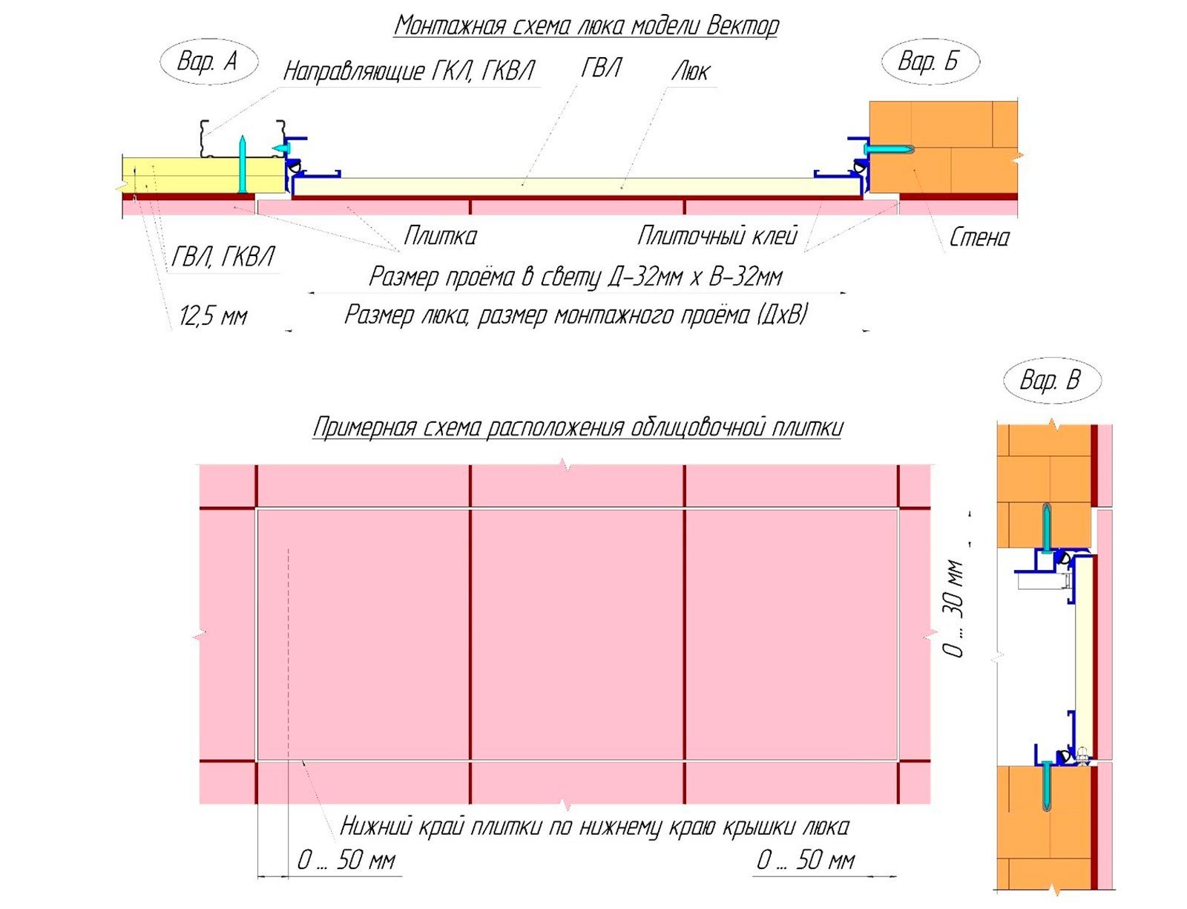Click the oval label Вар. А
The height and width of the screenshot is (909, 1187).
click(208, 61)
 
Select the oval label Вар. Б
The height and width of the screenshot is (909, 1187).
click(930, 61)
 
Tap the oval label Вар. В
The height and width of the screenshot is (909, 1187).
click(1051, 380)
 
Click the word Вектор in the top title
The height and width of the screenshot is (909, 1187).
click(742, 25)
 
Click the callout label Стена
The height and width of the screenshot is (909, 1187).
click(979, 237)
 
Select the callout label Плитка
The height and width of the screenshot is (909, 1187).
click(440, 235)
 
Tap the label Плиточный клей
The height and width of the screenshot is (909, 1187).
click(717, 235)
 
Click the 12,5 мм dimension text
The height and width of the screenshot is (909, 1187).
click(212, 316)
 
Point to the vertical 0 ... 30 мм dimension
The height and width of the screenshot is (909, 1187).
click(953, 608)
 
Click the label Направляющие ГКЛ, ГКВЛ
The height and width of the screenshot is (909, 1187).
click(409, 71)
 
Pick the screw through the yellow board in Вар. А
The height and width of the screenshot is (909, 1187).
click(241, 165)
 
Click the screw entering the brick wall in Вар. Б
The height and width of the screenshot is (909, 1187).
click(886, 148)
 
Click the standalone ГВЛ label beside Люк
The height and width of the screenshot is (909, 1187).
click(600, 68)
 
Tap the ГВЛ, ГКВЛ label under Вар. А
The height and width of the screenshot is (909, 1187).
click(223, 257)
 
